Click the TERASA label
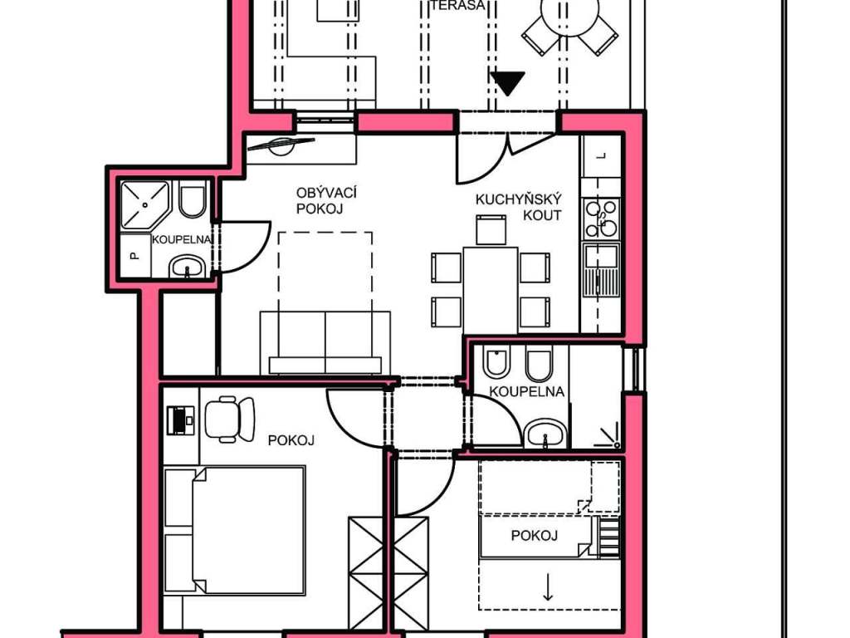pos(458,5)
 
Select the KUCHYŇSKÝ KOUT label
pos(518,207)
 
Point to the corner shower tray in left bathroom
pos(144,204)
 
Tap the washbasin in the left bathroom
pos(187,267)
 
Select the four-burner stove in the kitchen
pos(601,218)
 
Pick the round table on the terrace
pos(569,12)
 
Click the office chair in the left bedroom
pos(230,419)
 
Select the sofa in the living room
pos(325,343)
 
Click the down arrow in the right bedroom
pos(548,587)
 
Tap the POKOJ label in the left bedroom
pos(291,440)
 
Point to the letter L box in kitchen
pos(601,156)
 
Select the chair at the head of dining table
pos(491,229)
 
